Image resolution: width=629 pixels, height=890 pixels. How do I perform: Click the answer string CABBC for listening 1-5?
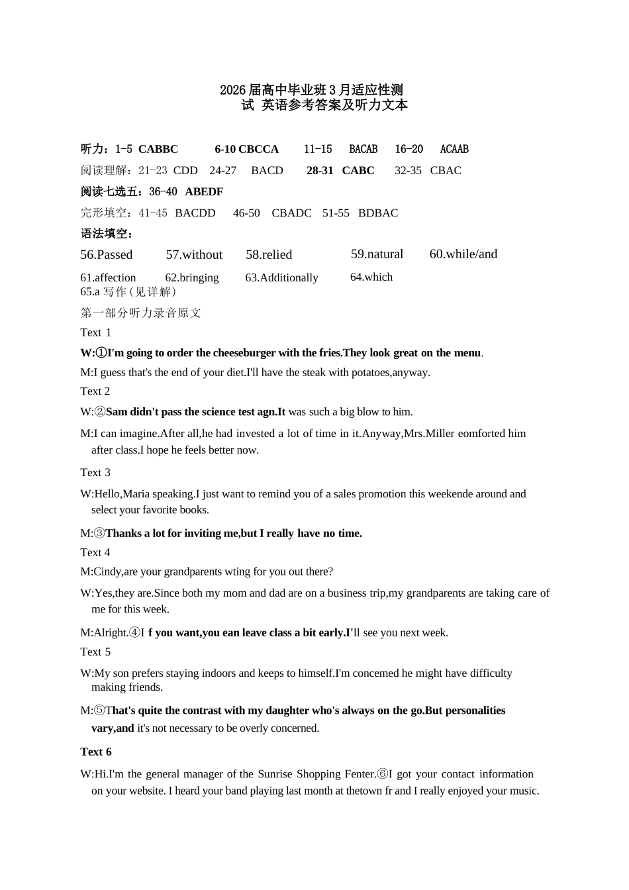158,150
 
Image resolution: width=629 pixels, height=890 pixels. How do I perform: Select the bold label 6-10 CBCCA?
246,150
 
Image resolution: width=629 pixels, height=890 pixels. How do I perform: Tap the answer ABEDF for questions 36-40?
204,192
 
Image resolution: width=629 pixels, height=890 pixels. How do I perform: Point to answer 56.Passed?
107,255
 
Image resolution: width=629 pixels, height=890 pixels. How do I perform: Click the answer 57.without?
194,255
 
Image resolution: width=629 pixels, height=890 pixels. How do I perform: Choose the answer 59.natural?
377,254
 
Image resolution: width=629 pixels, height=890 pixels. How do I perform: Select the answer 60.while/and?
463,254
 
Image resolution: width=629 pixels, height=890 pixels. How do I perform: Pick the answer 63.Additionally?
281,278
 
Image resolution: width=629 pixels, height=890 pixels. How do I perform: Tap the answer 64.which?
371,277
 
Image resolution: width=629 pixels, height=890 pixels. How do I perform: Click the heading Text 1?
96,332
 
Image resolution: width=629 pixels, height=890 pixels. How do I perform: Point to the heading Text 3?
95,473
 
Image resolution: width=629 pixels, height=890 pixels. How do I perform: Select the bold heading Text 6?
96,752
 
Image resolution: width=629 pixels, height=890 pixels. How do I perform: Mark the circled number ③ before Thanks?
99,534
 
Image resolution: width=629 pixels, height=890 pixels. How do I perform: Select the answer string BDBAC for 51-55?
378,213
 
